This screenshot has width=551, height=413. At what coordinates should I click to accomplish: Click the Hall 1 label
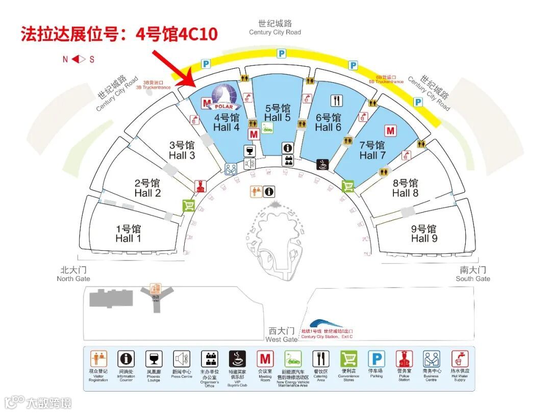point(128,234)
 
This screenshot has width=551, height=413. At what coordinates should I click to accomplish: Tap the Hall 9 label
point(424,234)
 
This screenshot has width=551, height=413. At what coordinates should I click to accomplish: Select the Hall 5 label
point(278,113)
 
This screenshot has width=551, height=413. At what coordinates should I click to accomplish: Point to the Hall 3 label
point(182,150)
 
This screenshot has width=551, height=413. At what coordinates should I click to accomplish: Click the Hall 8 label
point(405,188)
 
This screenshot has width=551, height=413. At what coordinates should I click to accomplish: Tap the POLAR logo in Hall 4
point(225,97)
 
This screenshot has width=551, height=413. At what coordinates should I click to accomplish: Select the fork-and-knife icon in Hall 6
point(337,100)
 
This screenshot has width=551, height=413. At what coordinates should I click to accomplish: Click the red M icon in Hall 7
point(391,131)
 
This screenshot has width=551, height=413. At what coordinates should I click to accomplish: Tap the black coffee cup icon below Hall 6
point(323,164)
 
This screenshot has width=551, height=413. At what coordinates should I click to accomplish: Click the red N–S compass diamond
point(79,59)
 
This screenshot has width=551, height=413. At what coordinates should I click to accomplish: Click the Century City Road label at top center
point(275,28)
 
